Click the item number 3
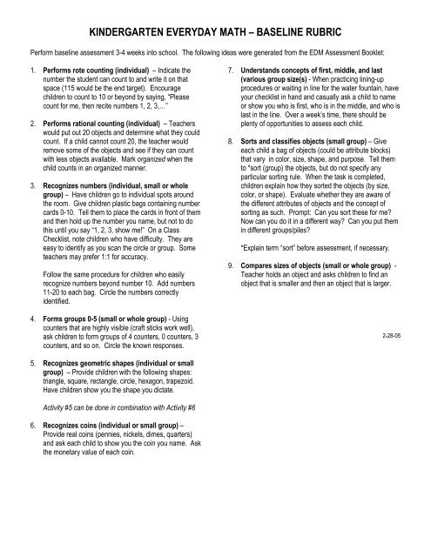click(x=32, y=187)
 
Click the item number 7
click(x=228, y=70)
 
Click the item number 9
click(x=228, y=287)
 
